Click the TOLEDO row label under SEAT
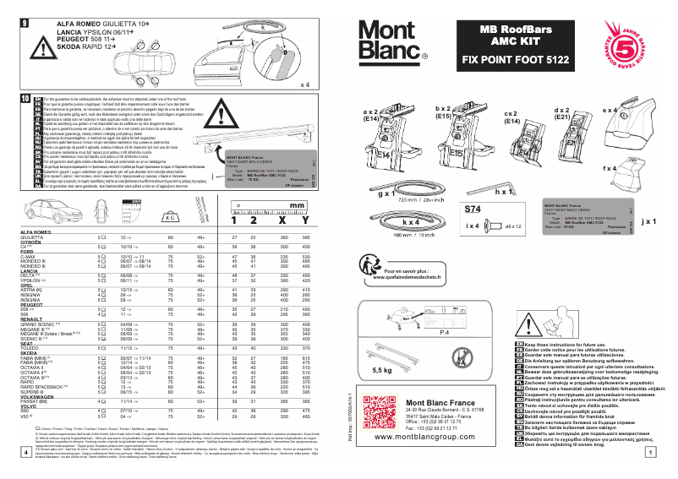point(31,348)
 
